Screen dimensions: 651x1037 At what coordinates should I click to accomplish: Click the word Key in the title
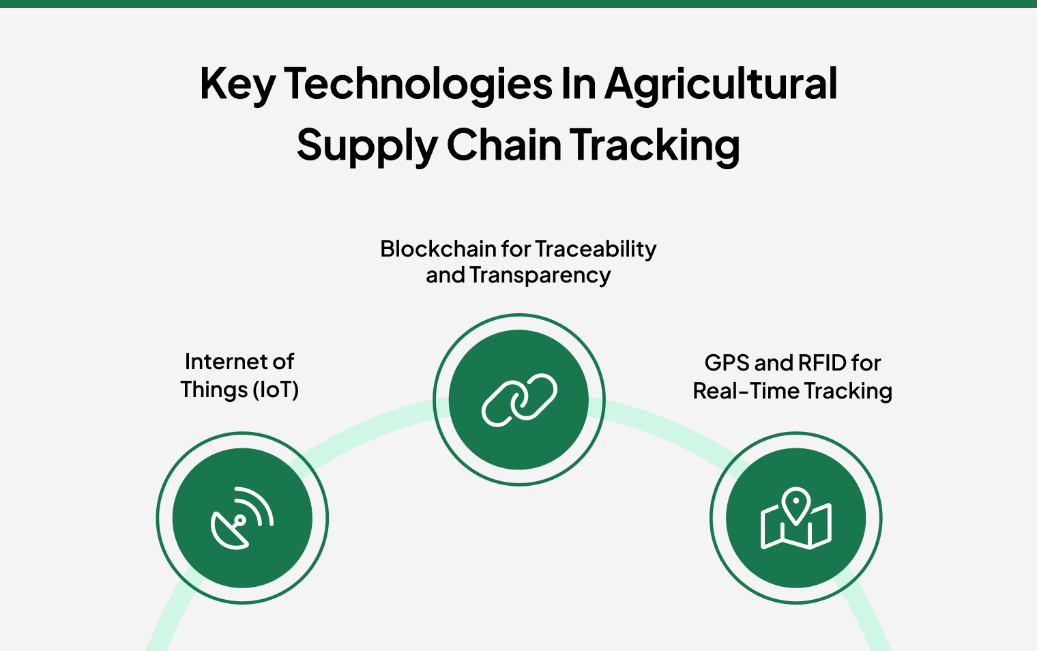pos(237,85)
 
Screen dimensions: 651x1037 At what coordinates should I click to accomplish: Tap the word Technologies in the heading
pos(418,85)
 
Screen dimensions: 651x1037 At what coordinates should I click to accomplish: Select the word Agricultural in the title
pos(720,85)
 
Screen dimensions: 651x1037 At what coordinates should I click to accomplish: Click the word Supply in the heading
pos(366,146)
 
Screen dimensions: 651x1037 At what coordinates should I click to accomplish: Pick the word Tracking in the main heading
pos(655,146)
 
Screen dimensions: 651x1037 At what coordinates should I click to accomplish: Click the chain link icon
pos(519,400)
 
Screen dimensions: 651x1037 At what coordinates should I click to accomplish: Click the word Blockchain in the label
pos(438,249)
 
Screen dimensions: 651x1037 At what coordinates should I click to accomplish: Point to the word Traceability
pos(595,249)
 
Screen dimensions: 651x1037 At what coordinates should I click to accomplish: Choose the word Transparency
pos(540,276)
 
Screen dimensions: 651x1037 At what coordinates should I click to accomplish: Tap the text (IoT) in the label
pos(276,390)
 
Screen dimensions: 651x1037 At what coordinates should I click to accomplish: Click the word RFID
pos(821,363)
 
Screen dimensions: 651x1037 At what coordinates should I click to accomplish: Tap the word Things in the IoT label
pos(214,390)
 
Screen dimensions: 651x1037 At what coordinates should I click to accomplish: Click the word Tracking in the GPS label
pos(848,391)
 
